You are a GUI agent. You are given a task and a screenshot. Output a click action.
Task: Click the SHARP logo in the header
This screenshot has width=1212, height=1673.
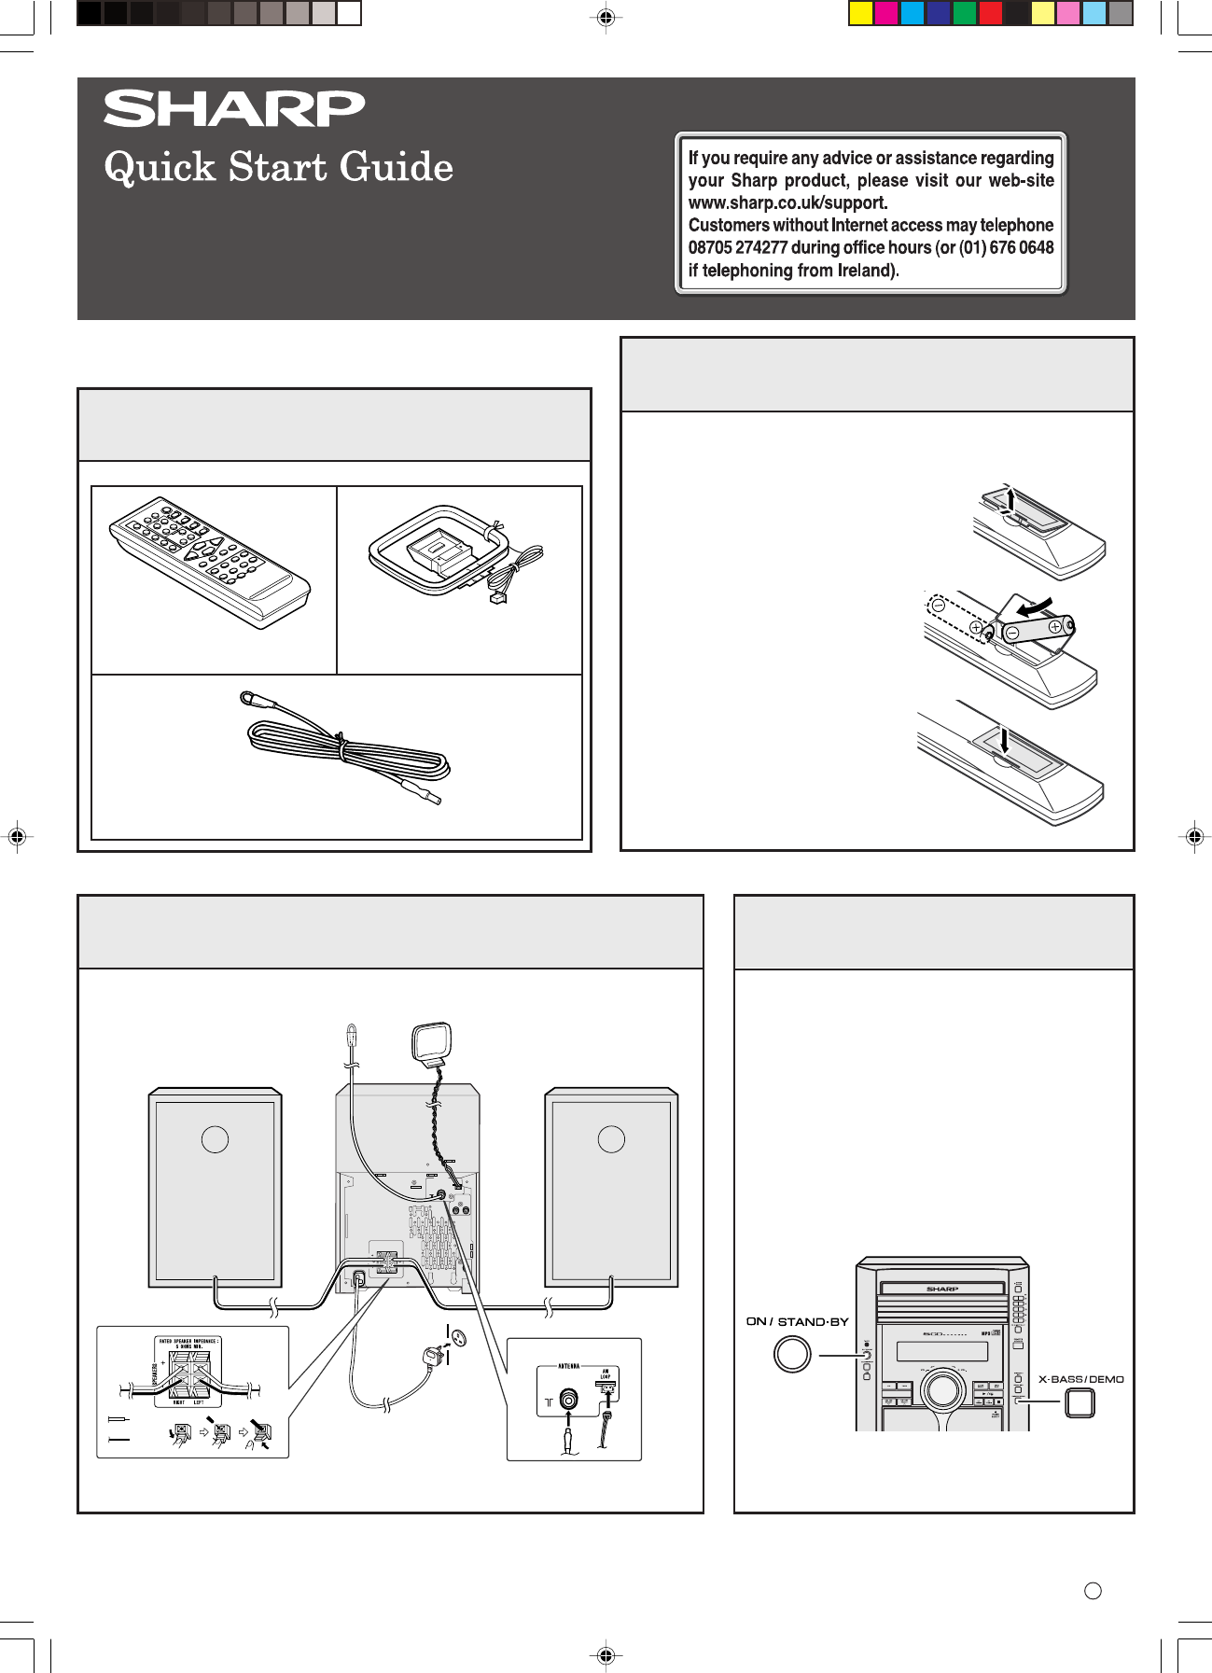(233, 109)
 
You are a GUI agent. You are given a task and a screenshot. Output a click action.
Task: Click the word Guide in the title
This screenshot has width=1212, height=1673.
(397, 168)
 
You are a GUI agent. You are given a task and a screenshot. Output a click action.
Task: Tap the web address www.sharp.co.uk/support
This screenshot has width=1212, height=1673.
(787, 202)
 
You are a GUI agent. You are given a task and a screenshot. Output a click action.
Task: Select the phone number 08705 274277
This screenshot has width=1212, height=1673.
(738, 247)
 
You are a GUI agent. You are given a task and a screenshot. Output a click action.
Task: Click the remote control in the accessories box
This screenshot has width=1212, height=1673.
(210, 562)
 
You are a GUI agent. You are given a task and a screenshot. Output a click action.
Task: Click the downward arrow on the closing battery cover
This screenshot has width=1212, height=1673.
(1003, 741)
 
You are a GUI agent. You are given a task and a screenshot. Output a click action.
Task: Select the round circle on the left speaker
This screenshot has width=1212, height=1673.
(215, 1139)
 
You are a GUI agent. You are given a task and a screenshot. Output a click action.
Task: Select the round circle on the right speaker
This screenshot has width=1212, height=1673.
(611, 1139)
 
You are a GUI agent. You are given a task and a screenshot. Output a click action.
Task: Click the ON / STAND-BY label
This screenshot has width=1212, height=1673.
(798, 1321)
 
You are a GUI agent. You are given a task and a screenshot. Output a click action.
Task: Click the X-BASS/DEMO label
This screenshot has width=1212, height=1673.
(1080, 1379)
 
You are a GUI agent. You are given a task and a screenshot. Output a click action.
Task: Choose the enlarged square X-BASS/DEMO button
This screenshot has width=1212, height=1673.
(1080, 1403)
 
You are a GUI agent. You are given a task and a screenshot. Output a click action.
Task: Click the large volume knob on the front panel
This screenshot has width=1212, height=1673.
(942, 1389)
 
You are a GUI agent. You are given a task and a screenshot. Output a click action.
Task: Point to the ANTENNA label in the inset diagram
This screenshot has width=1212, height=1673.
(569, 1367)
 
